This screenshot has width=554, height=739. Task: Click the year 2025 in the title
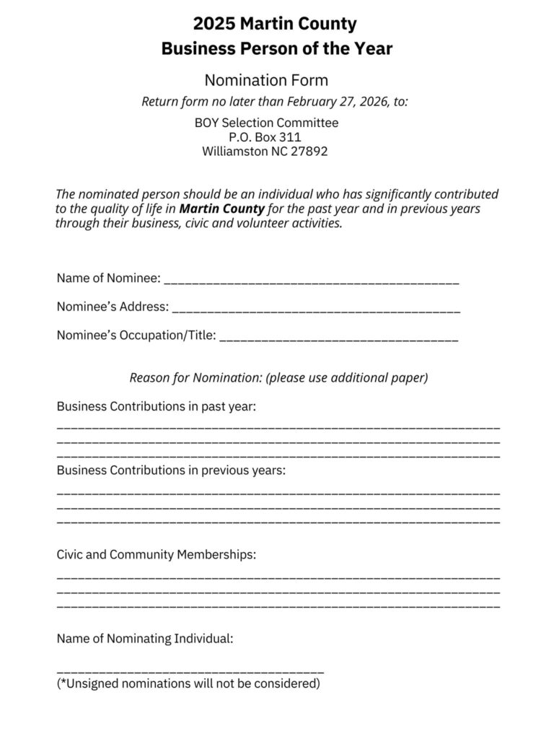[x=214, y=24]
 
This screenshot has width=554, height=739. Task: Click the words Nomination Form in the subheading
[x=266, y=79]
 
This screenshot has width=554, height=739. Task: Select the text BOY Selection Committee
[x=266, y=123]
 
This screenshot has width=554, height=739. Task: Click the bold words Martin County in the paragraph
[x=222, y=209]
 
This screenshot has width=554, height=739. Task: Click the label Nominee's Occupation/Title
[x=136, y=335]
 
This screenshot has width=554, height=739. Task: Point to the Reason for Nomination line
[x=278, y=377]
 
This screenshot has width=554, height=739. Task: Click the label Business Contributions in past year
[x=157, y=406]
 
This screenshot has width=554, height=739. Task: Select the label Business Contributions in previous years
[x=171, y=471]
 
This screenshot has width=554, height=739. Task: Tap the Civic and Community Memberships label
[x=157, y=555]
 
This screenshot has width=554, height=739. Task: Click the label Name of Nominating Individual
[x=145, y=639]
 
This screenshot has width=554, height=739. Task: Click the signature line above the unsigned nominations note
[x=190, y=671]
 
